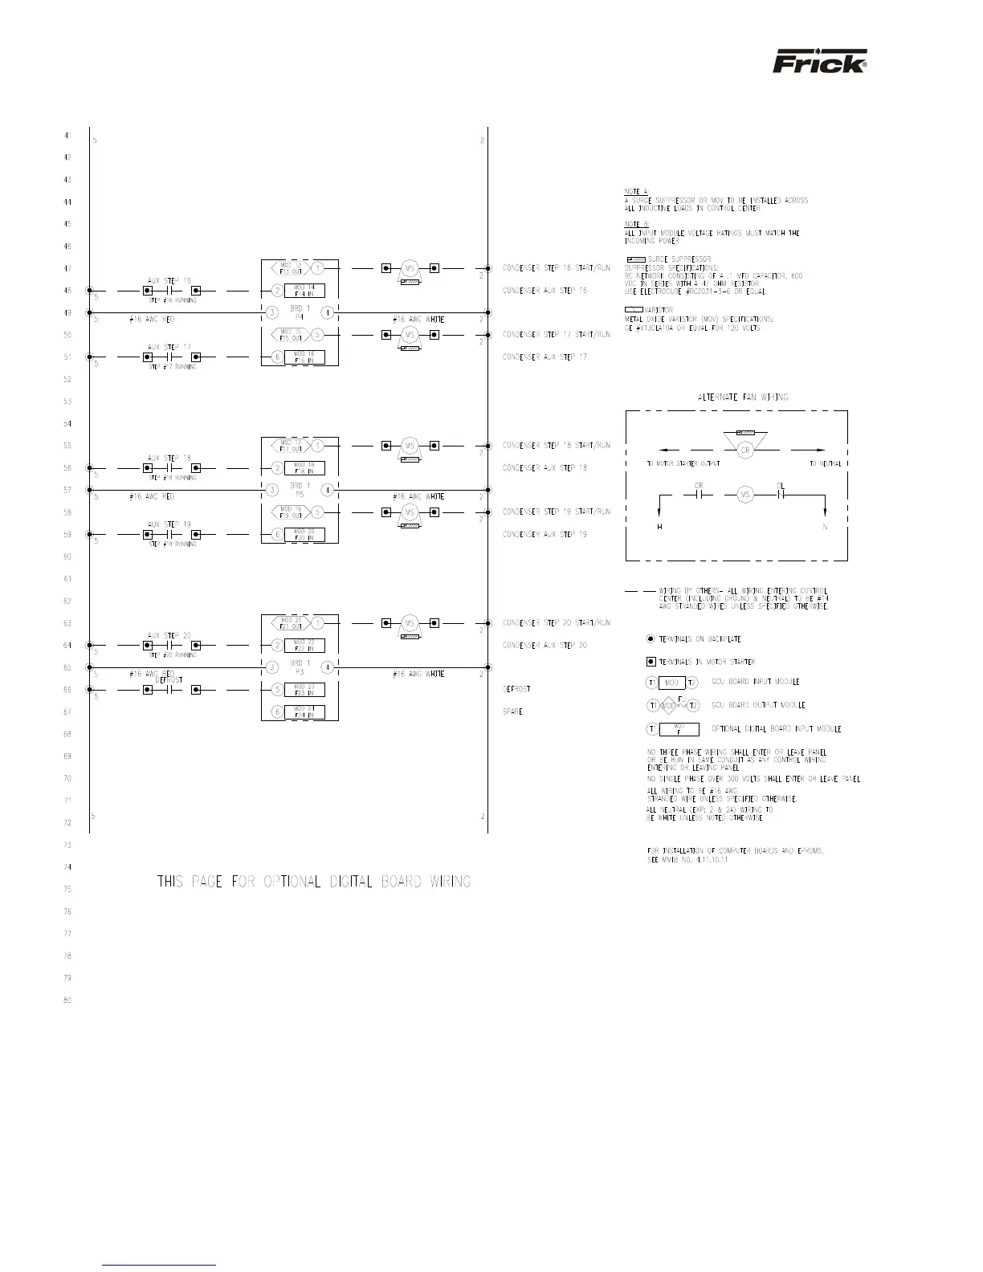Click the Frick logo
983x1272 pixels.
(x=819, y=62)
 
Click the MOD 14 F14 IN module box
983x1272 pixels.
(x=304, y=291)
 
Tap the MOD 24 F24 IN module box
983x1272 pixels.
(x=304, y=711)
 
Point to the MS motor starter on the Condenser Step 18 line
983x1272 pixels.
(x=410, y=446)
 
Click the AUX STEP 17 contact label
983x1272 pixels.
(x=169, y=347)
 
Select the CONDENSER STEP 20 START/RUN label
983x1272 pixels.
(x=556, y=623)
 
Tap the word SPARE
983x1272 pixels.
(x=512, y=711)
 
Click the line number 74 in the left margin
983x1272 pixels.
(x=67, y=867)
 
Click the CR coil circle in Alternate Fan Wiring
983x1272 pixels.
(x=744, y=450)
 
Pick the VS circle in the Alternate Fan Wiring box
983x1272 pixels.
(x=745, y=495)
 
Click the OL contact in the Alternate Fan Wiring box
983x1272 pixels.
(x=780, y=495)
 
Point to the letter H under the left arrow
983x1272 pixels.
(x=659, y=527)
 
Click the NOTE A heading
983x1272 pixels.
(x=636, y=191)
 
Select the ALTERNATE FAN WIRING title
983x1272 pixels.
(x=742, y=397)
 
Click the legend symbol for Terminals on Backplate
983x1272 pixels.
(x=651, y=639)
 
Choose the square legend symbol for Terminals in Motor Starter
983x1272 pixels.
(x=651, y=662)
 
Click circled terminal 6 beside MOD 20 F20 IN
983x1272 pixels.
(x=275, y=535)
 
